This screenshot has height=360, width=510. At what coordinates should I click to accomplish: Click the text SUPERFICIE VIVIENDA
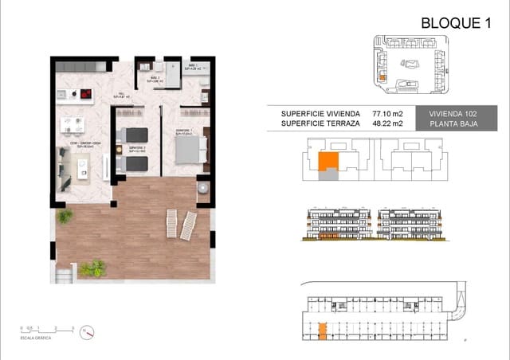pyautogui.click(x=320, y=114)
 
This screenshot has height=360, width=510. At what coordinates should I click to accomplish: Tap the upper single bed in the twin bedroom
pyautogui.click(x=134, y=134)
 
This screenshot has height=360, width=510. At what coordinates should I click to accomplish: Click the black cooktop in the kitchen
pyautogui.click(x=80, y=97)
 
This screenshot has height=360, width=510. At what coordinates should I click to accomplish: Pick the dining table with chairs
pyautogui.click(x=73, y=127)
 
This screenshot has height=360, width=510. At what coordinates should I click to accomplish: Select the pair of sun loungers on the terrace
pyautogui.click(x=179, y=225)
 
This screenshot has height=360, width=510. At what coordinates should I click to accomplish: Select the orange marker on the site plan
pyautogui.click(x=382, y=78)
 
